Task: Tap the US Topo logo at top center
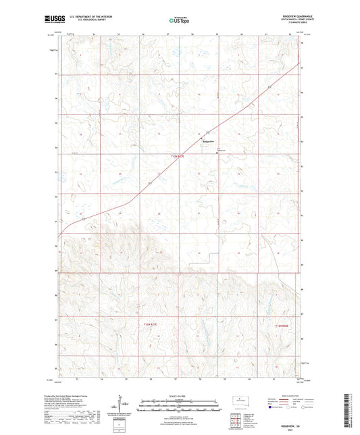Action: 178,21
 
